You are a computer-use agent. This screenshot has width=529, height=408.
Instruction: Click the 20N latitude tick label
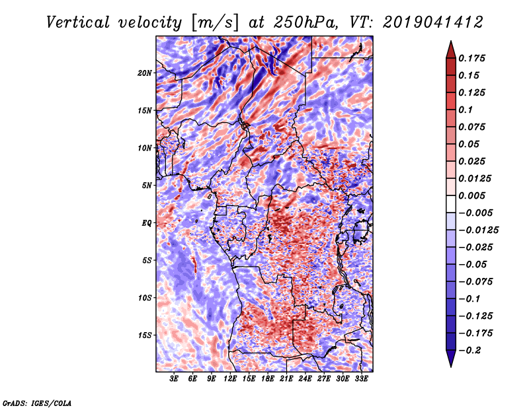(x=145, y=73)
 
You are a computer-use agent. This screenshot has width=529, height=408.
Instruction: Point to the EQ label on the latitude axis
(x=146, y=223)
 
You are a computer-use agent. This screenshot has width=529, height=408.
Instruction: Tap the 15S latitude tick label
(x=145, y=335)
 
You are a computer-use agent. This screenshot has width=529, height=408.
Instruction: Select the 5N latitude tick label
(x=147, y=186)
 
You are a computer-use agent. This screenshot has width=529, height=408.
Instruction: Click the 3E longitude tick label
(x=174, y=379)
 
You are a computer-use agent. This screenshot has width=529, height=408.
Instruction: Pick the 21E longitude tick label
(x=286, y=379)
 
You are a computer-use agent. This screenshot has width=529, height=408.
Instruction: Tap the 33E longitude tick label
(x=361, y=379)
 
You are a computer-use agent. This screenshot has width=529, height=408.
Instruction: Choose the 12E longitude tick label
(x=230, y=379)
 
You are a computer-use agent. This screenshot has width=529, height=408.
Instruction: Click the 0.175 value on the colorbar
(x=472, y=58)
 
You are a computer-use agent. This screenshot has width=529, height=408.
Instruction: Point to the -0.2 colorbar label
(x=469, y=351)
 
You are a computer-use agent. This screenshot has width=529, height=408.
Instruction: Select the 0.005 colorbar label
(x=472, y=195)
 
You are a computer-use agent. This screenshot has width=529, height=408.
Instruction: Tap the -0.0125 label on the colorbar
(x=478, y=230)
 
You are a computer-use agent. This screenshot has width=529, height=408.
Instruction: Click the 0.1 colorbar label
(x=466, y=110)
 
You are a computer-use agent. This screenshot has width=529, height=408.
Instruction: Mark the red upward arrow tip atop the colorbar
(x=451, y=41)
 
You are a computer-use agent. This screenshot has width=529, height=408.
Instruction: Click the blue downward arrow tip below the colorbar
(x=451, y=366)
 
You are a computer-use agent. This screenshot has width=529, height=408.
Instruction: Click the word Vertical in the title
(x=78, y=22)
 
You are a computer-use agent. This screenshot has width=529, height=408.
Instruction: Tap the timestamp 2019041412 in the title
(x=433, y=22)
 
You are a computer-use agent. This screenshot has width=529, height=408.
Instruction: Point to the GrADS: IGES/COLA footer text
(x=37, y=403)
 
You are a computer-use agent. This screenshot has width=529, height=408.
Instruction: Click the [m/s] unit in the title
(x=215, y=23)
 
